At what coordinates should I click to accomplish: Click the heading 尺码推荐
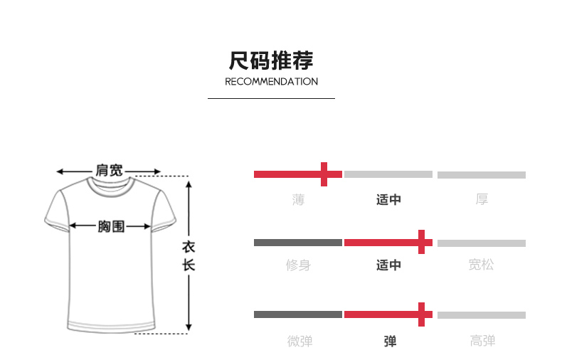point(271,60)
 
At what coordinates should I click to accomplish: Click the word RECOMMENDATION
point(271,82)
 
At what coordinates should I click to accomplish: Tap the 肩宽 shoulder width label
point(109,171)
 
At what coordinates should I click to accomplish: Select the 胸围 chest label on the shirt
point(111,227)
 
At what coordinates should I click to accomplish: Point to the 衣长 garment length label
point(189,257)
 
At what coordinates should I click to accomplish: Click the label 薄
point(298,200)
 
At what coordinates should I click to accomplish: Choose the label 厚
point(482,200)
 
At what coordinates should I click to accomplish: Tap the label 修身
point(298,265)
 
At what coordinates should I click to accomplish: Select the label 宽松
point(482,265)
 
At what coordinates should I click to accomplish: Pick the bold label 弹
point(390,342)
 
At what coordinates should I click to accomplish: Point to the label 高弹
point(482,342)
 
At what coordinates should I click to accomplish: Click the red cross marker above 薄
point(324,174)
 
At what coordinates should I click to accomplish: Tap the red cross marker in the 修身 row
point(423,243)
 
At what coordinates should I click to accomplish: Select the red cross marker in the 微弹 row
point(423,314)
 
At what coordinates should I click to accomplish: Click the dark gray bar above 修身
point(298,243)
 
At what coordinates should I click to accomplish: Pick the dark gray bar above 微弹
point(298,314)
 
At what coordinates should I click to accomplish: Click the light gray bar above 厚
point(482,175)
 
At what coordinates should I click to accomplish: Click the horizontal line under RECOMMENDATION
point(271,98)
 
